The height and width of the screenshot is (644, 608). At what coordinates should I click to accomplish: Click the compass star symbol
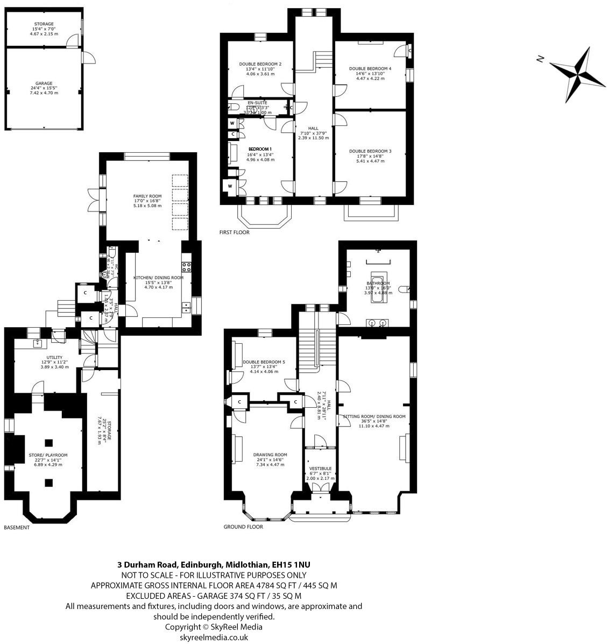click(579, 70)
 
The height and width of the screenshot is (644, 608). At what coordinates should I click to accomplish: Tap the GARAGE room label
click(44, 83)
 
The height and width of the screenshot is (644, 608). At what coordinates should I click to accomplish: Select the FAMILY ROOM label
click(147, 196)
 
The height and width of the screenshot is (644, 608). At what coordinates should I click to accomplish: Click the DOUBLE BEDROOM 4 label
click(370, 69)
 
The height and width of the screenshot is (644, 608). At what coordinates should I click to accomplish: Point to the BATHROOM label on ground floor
click(378, 283)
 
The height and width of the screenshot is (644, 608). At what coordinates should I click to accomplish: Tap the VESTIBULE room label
click(320, 469)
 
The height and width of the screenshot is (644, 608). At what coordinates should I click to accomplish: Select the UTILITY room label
click(54, 357)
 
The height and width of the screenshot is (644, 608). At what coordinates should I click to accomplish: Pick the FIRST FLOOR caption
click(234, 233)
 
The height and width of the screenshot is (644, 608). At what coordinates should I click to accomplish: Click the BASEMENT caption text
click(17, 528)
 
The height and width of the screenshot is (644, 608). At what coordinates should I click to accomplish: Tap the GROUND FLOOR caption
click(243, 527)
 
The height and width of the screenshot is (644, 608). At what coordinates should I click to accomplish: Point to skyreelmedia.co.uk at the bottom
click(214, 637)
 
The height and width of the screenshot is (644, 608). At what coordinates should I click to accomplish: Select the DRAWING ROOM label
click(270, 455)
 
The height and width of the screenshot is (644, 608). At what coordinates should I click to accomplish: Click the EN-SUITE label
click(257, 102)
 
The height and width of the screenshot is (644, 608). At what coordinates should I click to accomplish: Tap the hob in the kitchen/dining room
click(187, 266)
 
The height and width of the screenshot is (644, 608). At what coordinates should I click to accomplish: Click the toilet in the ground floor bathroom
click(405, 289)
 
